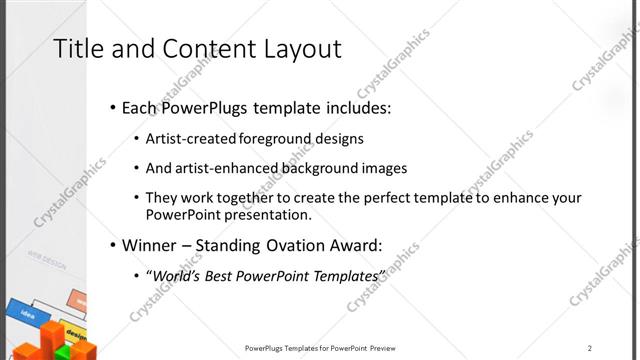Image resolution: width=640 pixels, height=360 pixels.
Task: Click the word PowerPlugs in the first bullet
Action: [x=209, y=108]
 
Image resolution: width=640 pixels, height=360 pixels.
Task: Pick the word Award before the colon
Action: [x=356, y=244]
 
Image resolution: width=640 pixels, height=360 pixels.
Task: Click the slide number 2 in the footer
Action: [x=590, y=348]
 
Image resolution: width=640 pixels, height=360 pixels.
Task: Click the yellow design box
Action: [x=76, y=331]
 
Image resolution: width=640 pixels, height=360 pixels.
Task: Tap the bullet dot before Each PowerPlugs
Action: [x=113, y=108]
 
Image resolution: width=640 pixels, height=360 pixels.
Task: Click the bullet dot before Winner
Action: [x=113, y=244]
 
